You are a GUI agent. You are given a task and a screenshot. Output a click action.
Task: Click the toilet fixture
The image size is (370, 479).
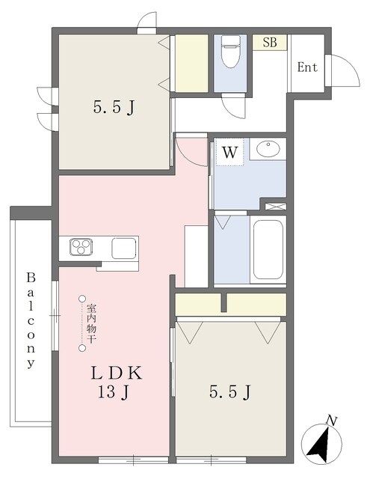click(231, 52)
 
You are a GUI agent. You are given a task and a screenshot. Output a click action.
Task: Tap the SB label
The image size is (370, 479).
click(270, 43)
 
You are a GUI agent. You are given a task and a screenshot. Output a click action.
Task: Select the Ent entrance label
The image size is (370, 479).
click(307, 67)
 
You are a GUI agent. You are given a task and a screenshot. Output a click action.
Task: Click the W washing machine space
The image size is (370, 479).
click(229, 152)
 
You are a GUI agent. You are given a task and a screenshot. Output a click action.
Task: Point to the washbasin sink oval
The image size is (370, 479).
click(268, 149)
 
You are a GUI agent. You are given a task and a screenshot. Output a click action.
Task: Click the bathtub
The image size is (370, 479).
click(268, 249)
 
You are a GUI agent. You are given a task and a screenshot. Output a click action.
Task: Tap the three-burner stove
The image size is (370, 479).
click(81, 247)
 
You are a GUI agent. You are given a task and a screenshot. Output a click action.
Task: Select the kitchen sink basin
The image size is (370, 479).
click(124, 248)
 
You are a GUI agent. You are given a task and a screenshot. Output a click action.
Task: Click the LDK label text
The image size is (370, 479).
click(117, 373)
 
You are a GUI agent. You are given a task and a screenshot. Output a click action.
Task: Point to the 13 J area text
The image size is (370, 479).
click(114, 392)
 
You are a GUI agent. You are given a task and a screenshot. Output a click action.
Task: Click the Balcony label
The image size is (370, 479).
click(31, 320)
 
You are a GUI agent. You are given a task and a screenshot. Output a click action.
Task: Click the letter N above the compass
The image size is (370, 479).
click(331, 421)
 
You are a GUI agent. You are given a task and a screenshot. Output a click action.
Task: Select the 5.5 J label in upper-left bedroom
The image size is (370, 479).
click(114, 108)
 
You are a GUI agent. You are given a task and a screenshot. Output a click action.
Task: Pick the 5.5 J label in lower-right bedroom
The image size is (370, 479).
click(230, 392)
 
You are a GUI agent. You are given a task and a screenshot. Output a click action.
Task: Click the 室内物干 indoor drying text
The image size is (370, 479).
click(91, 323)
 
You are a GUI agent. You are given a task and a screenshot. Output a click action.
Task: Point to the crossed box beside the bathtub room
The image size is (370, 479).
click(275, 207)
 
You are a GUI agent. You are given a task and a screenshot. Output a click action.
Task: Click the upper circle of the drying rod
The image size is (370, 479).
click(81, 298)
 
